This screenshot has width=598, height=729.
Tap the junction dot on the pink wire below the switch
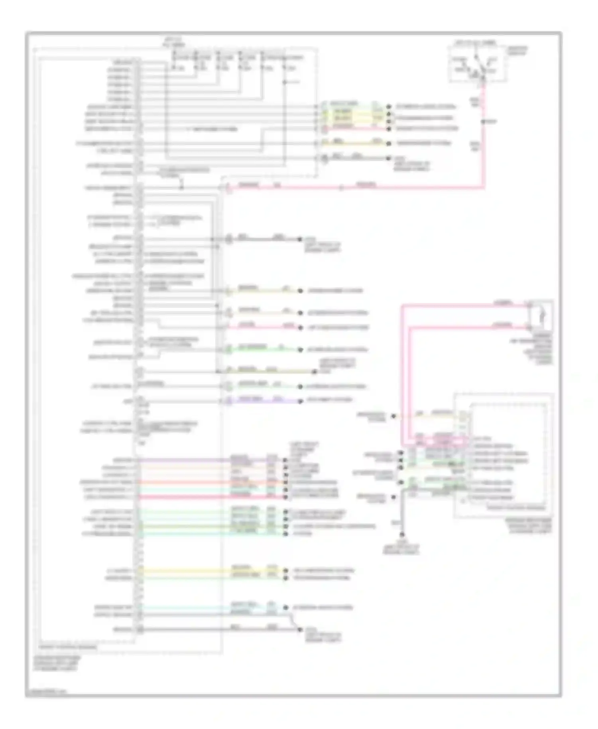point(483,121)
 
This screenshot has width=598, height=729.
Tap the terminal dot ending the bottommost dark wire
point(300,630)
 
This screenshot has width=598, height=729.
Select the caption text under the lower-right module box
point(529,526)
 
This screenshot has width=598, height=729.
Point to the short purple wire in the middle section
point(263,401)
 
